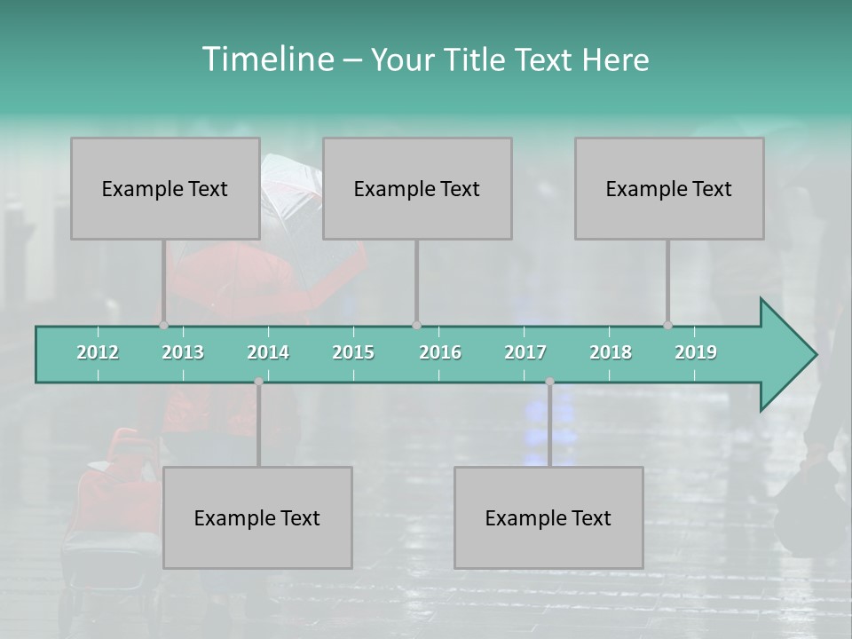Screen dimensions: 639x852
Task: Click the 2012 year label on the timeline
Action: pos(98,352)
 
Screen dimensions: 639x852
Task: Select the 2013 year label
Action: pos(183,352)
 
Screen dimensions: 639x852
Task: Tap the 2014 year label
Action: pos(268,352)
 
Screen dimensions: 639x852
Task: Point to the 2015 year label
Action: pos(353,352)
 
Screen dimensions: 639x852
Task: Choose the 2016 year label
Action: pos(440,352)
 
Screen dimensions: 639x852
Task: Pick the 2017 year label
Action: pos(525,352)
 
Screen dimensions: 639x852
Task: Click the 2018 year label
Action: pos(611,352)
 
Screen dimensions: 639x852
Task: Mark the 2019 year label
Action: pos(696,352)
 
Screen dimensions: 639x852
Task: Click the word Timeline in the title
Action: pos(267,59)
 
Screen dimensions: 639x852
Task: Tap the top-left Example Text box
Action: pos(165,188)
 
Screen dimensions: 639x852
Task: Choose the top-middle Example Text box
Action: pos(417,188)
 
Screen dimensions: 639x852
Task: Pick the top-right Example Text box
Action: pos(669,188)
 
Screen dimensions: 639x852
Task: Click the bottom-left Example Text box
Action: pos(257,517)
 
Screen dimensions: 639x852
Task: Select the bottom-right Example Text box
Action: pos(548,517)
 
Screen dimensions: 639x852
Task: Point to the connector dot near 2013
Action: pos(163,326)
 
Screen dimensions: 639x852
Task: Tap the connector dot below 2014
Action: pos(258,382)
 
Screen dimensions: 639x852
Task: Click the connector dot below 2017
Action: pos(549,382)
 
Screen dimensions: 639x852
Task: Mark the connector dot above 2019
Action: pos(667,326)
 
